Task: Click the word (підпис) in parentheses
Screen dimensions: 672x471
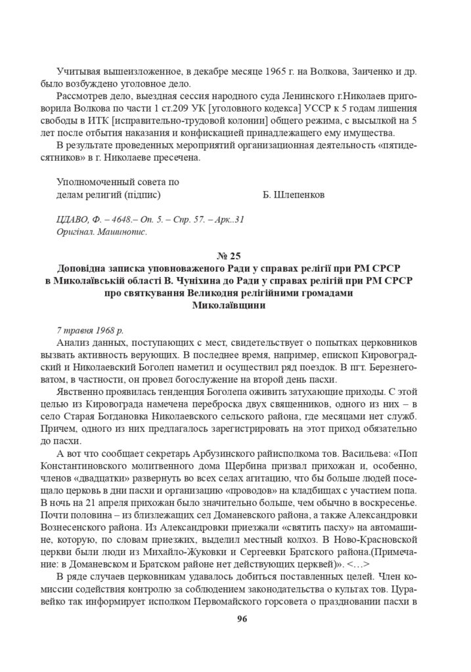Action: [141, 195]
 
